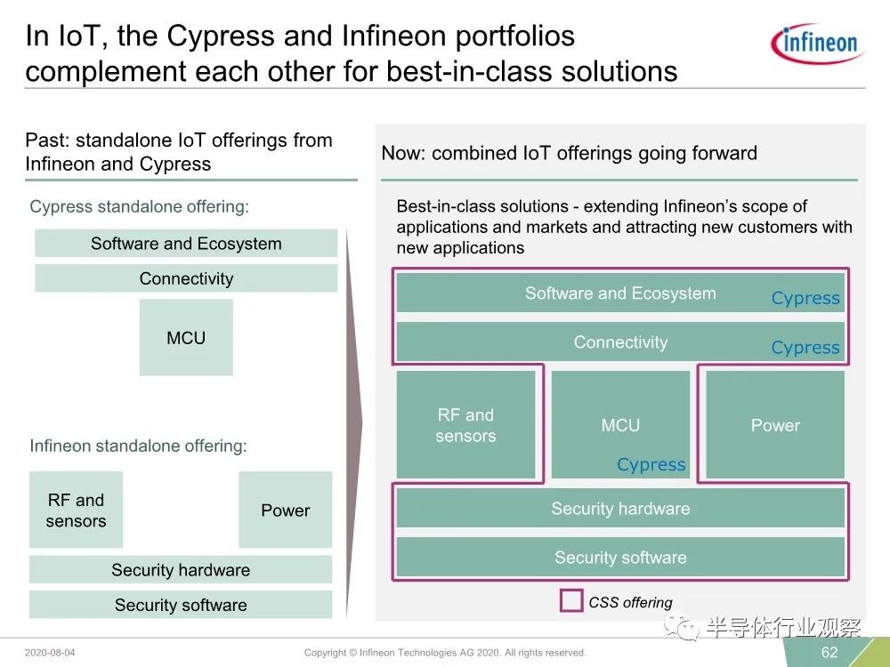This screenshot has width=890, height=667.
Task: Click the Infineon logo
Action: tap(817, 43)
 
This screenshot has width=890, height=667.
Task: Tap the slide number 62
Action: tap(829, 652)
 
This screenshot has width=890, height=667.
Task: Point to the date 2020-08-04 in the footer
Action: tap(50, 653)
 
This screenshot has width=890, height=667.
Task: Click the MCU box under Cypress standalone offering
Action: tap(186, 337)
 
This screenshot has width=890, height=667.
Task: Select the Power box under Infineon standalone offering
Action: tap(286, 510)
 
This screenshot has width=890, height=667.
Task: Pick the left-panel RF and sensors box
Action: tap(76, 510)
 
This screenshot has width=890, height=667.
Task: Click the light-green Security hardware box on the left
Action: tap(181, 569)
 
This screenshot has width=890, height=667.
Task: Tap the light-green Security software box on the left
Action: tap(181, 605)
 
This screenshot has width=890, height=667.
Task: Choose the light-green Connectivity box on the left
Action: tap(186, 277)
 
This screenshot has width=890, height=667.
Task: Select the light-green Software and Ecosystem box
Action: tap(186, 244)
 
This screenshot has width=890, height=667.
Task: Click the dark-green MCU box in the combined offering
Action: tap(620, 424)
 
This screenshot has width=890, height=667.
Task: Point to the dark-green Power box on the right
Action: tap(775, 424)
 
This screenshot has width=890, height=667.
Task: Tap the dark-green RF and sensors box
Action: tap(466, 424)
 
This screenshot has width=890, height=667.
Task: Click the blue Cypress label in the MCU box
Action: tap(651, 464)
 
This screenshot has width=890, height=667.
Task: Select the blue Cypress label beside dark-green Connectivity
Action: tap(805, 347)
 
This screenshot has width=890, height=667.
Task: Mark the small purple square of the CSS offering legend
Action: tap(571, 600)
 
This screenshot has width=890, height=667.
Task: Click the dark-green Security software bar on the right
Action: tap(620, 557)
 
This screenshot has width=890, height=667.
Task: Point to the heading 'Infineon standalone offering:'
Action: tap(139, 446)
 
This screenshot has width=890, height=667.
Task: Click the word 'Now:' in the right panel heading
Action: tap(403, 153)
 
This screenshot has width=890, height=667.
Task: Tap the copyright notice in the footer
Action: tap(445, 653)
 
